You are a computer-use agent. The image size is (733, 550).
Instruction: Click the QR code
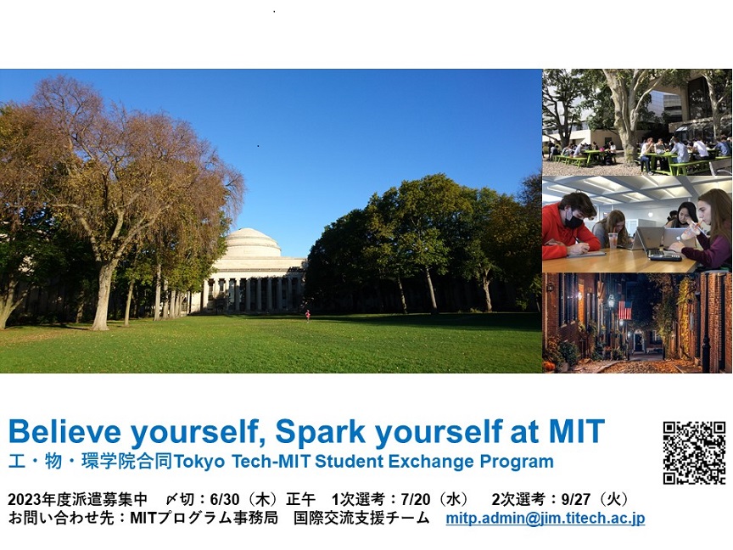coord(694,452)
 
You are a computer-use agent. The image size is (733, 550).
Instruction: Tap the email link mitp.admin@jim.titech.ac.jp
coord(545,519)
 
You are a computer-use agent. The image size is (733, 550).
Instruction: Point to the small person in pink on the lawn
coord(308,316)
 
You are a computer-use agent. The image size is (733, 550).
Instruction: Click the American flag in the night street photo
coord(624,310)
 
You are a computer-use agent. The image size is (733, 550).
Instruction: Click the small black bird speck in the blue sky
coord(258,146)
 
